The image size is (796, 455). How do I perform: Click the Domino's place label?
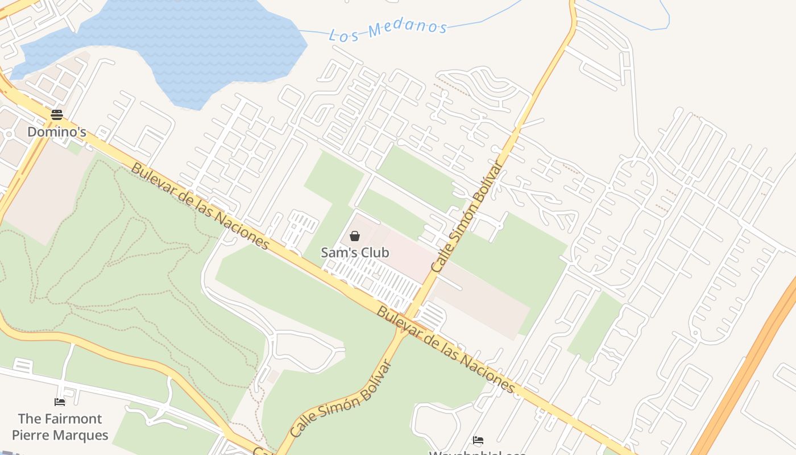[57, 132]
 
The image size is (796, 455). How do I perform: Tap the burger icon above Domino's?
[57, 114]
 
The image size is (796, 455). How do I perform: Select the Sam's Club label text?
[355, 253]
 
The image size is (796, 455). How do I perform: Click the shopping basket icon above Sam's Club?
[355, 235]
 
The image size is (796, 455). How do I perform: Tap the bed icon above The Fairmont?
[60, 402]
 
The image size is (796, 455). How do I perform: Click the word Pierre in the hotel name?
[31, 436]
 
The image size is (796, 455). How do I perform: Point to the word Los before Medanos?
[345, 35]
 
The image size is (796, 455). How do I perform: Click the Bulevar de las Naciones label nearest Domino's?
[200, 206]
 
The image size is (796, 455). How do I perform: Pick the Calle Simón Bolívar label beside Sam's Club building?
[467, 216]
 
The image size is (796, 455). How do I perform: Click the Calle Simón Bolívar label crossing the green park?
[341, 399]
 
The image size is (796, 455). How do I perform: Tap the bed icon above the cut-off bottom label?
[478, 440]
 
